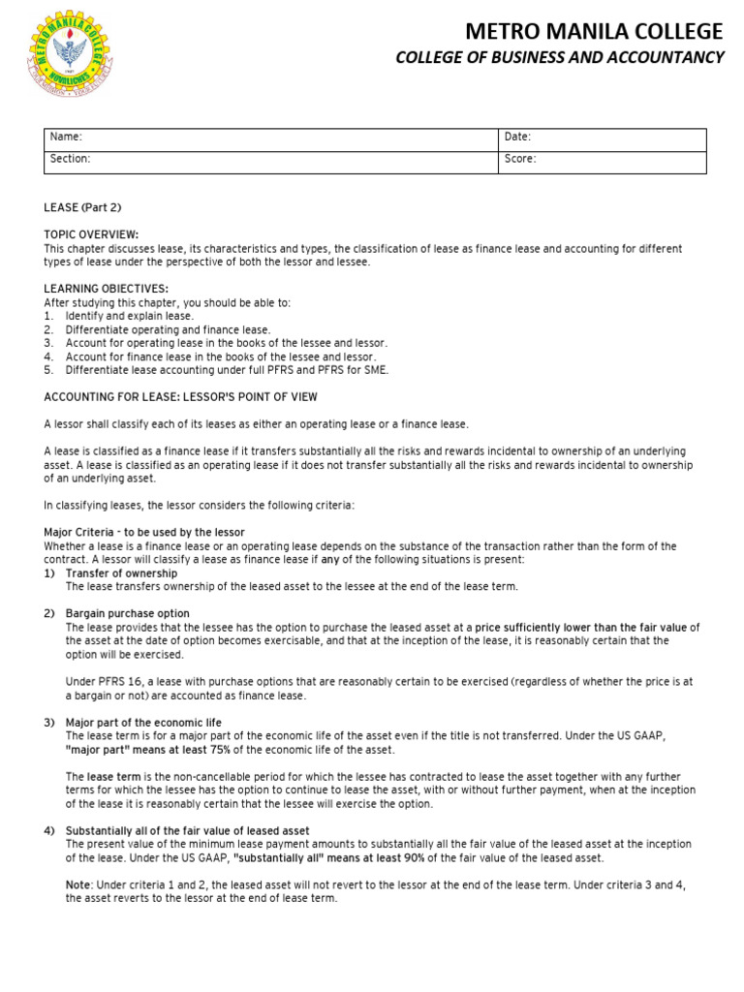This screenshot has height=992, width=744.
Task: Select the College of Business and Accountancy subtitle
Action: pyautogui.click(x=559, y=58)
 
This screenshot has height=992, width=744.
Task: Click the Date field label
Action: pyautogui.click(x=518, y=138)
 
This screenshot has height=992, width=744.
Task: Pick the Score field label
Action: pyautogui.click(x=520, y=159)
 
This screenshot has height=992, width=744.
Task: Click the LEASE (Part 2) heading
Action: pyautogui.click(x=82, y=207)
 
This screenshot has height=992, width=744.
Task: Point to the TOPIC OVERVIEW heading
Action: pyautogui.click(x=91, y=234)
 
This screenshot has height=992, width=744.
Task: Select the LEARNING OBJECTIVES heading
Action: pyautogui.click(x=107, y=289)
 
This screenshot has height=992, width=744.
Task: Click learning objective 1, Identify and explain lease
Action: pyautogui.click(x=130, y=316)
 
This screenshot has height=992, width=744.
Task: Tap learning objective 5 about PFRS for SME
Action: pyautogui.click(x=227, y=370)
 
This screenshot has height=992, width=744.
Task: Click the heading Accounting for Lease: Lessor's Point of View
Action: pyautogui.click(x=180, y=397)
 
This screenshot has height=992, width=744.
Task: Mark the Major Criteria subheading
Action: pyautogui.click(x=144, y=533)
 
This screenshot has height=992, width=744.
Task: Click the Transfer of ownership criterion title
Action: pyautogui.click(x=121, y=573)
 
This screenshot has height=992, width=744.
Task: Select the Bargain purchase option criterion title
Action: pyautogui.click(x=127, y=614)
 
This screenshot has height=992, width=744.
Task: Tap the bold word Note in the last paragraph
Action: pyautogui.click(x=77, y=885)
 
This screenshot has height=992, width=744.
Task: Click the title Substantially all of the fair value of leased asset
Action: pyautogui.click(x=187, y=831)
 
